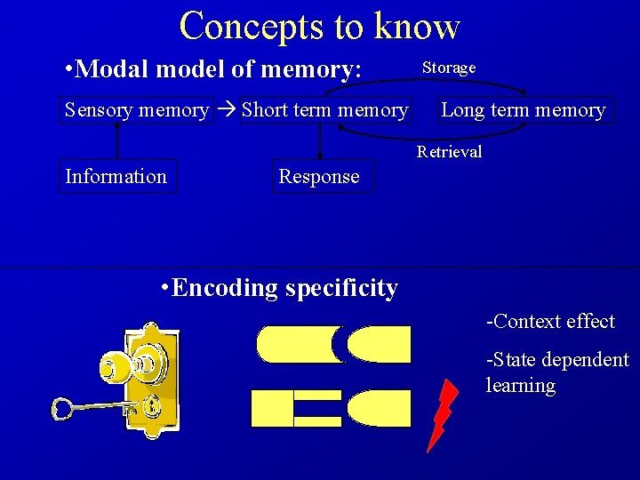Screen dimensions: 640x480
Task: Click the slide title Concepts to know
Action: coord(319,26)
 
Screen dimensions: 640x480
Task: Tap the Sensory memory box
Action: coord(136,110)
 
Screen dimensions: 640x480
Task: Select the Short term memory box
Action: coord(325,110)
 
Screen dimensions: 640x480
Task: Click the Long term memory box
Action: coord(523,110)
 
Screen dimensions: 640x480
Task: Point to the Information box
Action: coord(116,176)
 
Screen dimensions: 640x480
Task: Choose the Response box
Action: coord(319,176)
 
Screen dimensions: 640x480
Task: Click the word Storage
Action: coord(449,68)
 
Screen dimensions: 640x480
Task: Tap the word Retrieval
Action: coord(450,152)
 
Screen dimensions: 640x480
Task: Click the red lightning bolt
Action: coord(441,414)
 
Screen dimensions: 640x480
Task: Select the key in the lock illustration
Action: coord(89,408)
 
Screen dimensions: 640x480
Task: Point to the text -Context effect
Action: coord(549,322)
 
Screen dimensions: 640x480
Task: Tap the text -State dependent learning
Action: coord(556,372)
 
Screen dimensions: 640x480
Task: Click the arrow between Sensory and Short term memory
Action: coord(227,110)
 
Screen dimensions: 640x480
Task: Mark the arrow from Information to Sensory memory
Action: coord(116,142)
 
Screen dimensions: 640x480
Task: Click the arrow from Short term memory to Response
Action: coord(319,142)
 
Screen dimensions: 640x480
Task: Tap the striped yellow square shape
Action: coord(297,408)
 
